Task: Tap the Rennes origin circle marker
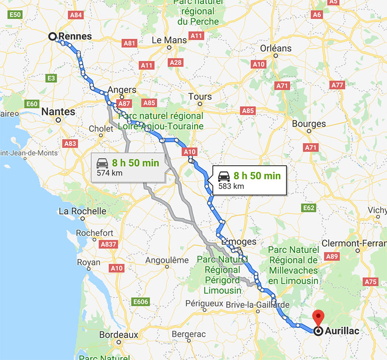point(53,36)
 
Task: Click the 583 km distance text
point(231,186)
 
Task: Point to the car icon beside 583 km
point(223,176)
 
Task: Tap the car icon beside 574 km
point(102,163)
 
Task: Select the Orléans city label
point(276,48)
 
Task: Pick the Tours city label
point(200,97)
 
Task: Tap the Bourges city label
point(309,124)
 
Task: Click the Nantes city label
point(58,112)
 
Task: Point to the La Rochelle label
point(82,211)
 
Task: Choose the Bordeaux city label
point(119,334)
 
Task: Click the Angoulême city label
point(167,260)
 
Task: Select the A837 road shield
point(108,245)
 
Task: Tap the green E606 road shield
point(140,302)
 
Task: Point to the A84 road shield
point(76,15)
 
